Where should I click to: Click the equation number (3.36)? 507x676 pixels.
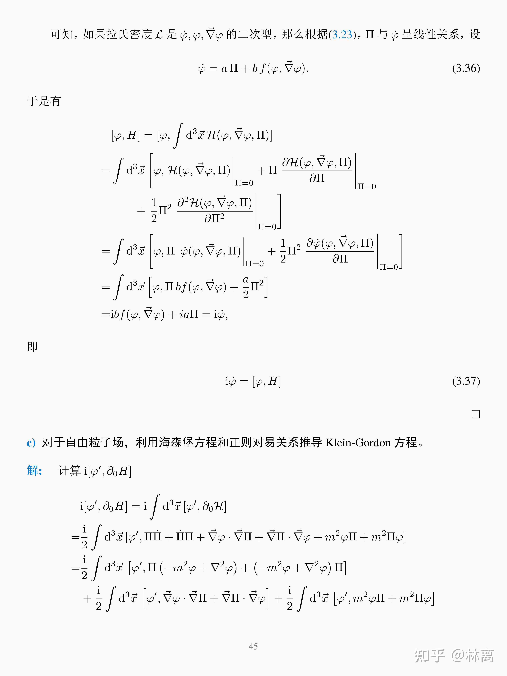466,68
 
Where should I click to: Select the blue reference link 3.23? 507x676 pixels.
342,35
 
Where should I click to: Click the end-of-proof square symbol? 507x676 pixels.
475,414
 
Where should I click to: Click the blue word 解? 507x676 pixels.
34,471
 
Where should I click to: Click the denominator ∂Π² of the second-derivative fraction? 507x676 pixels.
214,218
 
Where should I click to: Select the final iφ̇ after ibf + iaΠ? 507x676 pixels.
220,314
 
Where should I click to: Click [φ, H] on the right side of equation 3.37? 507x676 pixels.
266,381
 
